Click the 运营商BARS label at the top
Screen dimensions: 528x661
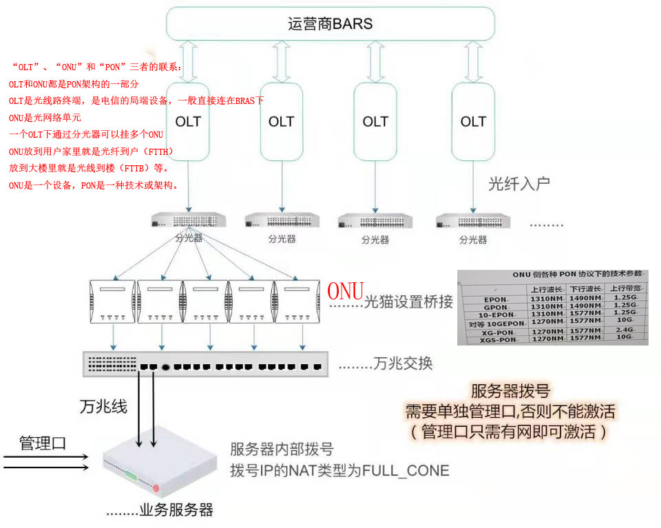click(x=330, y=23)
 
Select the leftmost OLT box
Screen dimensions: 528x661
click(x=188, y=122)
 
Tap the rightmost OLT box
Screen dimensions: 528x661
click(x=473, y=122)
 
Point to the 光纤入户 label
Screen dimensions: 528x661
click(x=518, y=184)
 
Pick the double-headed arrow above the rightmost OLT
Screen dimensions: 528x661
click(x=472, y=62)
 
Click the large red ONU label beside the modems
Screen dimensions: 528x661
click(x=345, y=291)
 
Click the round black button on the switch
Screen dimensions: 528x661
click(x=165, y=366)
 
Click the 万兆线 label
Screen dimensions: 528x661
click(x=104, y=406)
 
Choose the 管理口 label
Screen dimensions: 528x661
click(x=43, y=443)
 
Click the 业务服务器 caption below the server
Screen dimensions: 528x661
click(x=177, y=510)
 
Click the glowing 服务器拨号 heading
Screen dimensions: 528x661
click(x=510, y=391)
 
